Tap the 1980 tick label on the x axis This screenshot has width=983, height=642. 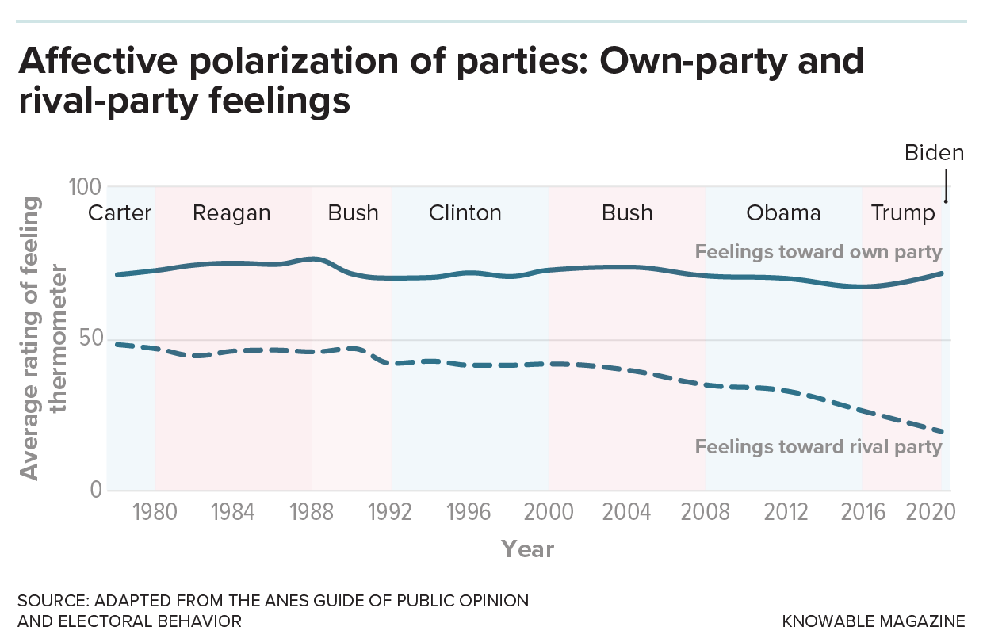(155, 512)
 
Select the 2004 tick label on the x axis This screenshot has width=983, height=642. (627, 512)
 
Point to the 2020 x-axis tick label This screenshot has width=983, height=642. (929, 512)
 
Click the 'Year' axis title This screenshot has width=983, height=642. (527, 549)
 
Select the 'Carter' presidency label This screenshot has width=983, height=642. (120, 213)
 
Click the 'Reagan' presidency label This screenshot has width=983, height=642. (231, 213)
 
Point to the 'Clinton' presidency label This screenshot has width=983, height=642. (465, 213)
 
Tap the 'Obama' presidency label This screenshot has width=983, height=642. (783, 213)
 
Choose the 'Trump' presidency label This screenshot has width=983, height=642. (903, 213)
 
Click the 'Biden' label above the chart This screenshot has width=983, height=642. (934, 153)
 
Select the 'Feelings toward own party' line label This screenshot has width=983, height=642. (818, 253)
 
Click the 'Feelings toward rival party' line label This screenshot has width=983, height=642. (818, 447)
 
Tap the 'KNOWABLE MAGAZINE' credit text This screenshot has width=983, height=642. (874, 621)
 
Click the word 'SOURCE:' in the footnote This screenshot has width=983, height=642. (49, 600)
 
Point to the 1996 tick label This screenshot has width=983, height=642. (469, 512)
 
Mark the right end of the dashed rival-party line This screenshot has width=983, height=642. (942, 432)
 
